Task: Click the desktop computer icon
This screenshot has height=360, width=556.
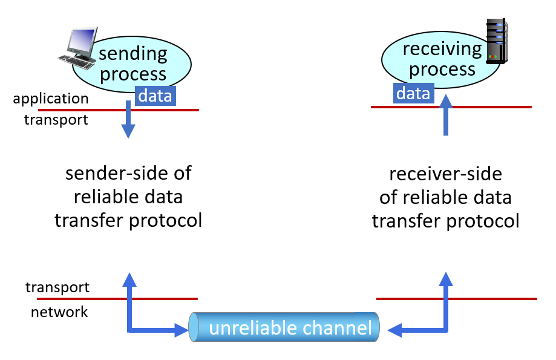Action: point(78,48)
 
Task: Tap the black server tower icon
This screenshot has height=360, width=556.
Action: point(497,41)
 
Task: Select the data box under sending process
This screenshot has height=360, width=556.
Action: point(155,96)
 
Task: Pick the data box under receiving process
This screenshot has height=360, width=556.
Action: point(413,93)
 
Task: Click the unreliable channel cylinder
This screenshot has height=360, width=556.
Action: point(284,327)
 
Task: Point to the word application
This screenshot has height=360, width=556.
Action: point(51,99)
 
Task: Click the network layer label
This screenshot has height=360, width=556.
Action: point(59,312)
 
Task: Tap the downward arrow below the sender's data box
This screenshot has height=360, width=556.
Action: point(128,119)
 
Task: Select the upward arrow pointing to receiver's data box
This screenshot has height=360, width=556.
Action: point(446,115)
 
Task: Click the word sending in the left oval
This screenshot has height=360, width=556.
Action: point(133,54)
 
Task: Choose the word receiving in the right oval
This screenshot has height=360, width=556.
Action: point(442,49)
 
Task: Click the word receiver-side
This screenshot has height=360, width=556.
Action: point(446,174)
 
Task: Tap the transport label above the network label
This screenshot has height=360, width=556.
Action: point(57,287)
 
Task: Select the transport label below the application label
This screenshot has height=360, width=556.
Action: point(56,120)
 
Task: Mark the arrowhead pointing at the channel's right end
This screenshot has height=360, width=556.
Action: point(394,330)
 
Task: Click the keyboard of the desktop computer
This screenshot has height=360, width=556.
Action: point(77,62)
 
